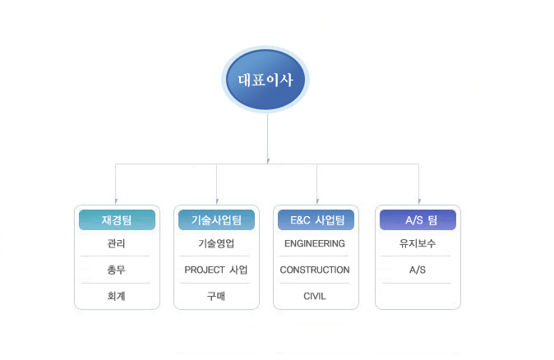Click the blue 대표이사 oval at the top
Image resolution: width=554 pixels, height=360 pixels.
[265, 79]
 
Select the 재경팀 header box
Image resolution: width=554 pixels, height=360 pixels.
[117, 219]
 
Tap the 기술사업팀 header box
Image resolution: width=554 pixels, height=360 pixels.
[216, 219]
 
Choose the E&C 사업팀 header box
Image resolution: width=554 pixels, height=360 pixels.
[316, 219]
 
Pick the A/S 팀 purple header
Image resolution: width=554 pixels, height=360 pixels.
[418, 219]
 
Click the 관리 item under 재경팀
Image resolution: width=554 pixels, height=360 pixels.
[116, 243]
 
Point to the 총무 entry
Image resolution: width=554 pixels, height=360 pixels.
[116, 270]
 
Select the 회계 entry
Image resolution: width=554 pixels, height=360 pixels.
[116, 296]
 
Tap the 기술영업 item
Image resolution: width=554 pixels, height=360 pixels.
[216, 243]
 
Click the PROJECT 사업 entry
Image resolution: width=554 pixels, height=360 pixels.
[216, 270]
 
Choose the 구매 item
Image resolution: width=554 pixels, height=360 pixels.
[216, 296]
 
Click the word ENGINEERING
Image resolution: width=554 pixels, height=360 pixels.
[315, 243]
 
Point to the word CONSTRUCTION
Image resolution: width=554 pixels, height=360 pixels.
[315, 270]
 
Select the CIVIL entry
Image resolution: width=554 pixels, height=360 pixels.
[315, 296]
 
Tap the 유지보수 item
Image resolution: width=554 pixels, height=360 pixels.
[418, 243]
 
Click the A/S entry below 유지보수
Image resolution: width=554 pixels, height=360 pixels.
[418, 270]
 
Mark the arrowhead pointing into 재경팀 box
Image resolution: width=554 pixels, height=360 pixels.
[116, 201]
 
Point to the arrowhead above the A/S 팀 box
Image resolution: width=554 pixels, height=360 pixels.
[419, 201]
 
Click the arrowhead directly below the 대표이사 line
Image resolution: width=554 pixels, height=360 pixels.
[268, 161]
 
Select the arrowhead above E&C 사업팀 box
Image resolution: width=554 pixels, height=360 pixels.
[317, 201]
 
